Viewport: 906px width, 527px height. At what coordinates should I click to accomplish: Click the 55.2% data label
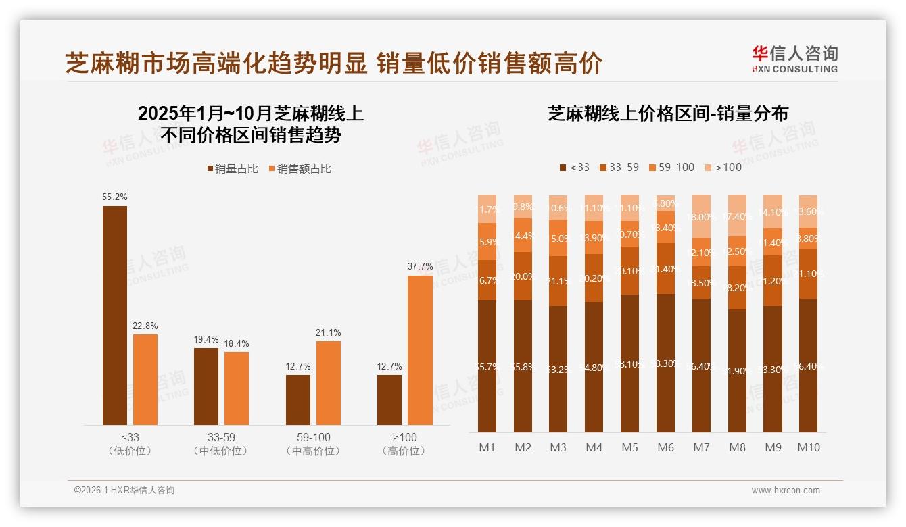tap(114, 197)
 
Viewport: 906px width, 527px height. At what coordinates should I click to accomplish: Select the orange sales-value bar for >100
tap(420, 350)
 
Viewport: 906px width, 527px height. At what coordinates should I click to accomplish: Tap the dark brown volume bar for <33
tap(114, 315)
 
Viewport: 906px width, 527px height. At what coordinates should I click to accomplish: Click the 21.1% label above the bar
tap(328, 332)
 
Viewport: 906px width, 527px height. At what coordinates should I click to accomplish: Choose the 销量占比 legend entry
tap(233, 169)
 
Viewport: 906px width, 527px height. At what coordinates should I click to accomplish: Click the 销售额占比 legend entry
tap(300, 169)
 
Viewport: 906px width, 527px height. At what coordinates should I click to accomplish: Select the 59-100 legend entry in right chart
tap(671, 168)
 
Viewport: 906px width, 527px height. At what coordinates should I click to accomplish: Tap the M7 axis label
tap(701, 447)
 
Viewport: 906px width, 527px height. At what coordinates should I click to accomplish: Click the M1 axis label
tap(487, 447)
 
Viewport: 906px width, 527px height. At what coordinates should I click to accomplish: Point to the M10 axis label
tap(808, 447)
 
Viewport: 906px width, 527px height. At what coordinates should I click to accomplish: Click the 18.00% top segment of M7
tap(701, 216)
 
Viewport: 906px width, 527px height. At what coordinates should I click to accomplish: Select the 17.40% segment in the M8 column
tap(737, 216)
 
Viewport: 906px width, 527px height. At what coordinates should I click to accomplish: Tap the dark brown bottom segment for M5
tap(629, 363)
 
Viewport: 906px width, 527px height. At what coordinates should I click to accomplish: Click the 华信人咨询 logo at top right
tap(794, 59)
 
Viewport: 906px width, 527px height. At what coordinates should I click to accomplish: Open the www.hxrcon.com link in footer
tap(785, 491)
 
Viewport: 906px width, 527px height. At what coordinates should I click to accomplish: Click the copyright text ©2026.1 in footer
tap(124, 491)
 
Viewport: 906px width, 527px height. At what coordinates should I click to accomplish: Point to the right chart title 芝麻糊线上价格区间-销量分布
tap(667, 114)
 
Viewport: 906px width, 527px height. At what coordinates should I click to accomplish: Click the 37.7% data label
tap(420, 266)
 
